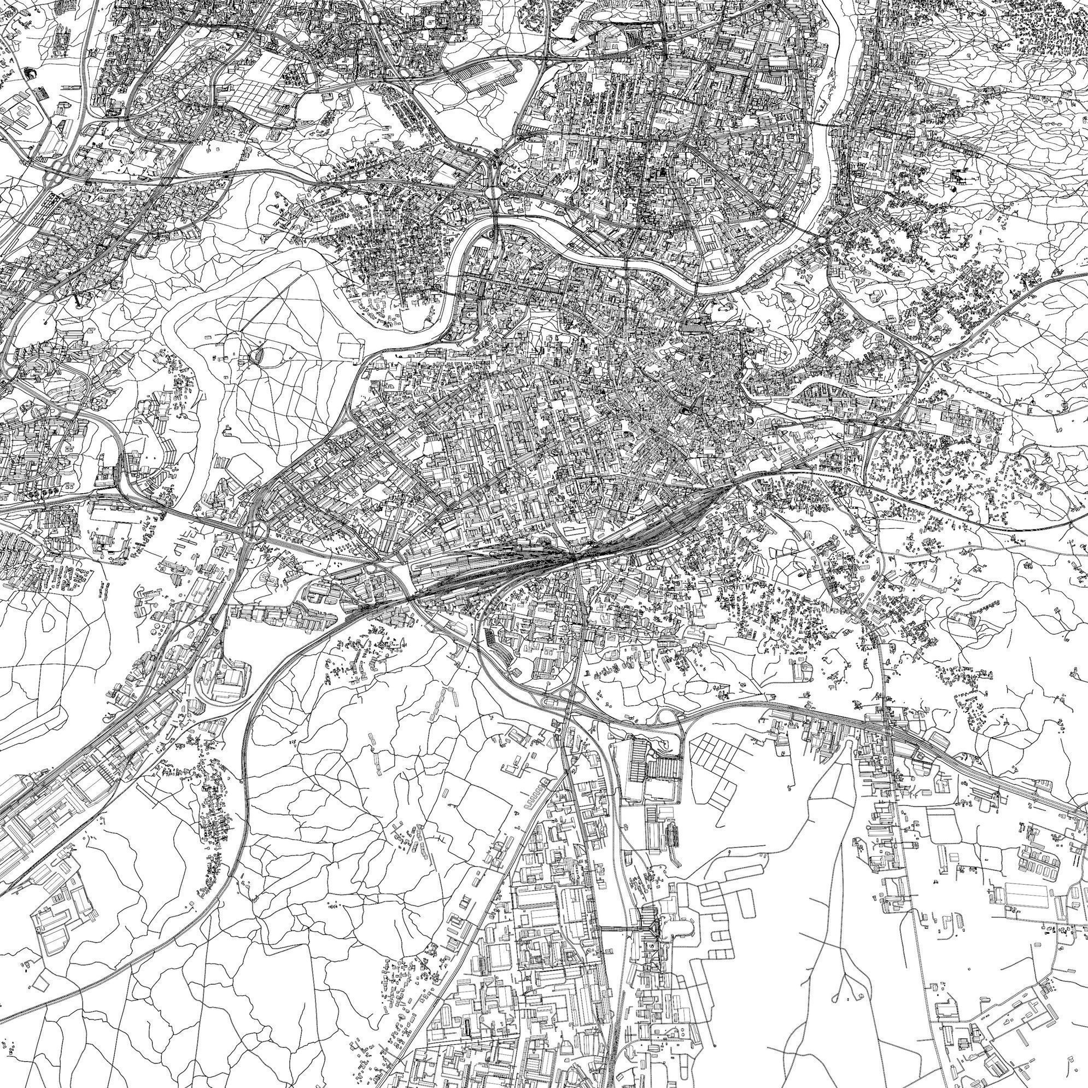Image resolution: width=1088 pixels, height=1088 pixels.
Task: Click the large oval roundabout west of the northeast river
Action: pos(770,213)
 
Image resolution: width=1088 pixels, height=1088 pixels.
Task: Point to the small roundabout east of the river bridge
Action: pos(823,241)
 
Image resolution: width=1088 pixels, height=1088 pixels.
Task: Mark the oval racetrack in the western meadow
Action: pos(259,355)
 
